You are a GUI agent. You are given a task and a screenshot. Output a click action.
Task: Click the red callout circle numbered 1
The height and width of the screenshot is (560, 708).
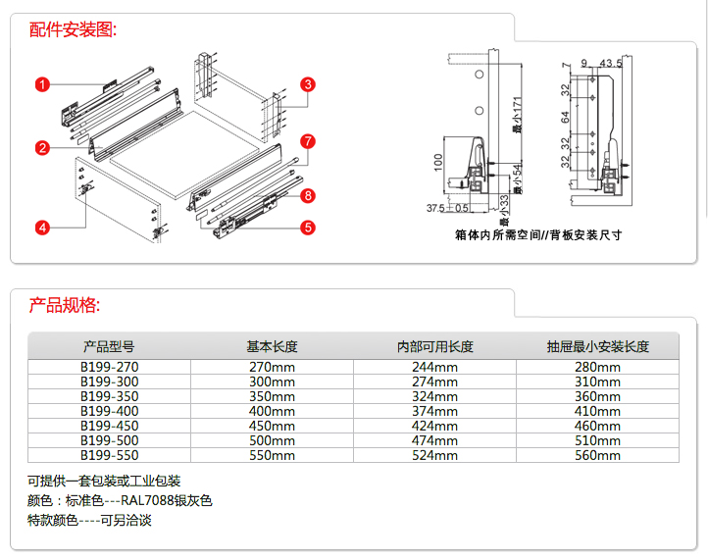(x=42, y=84)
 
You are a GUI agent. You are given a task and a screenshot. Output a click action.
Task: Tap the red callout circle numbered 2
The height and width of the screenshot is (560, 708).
(x=42, y=148)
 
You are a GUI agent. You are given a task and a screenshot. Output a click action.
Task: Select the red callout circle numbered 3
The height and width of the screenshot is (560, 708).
(x=307, y=84)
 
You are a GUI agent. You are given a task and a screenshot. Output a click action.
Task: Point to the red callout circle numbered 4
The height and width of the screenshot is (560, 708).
(x=42, y=228)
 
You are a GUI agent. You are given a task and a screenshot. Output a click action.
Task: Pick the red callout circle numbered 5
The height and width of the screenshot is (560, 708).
(x=307, y=228)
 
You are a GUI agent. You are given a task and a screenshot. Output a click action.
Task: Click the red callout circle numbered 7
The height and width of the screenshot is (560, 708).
(x=307, y=141)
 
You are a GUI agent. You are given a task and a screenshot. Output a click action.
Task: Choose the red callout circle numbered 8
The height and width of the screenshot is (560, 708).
(x=307, y=196)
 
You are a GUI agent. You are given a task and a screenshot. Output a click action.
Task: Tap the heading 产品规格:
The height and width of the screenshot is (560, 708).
(x=65, y=305)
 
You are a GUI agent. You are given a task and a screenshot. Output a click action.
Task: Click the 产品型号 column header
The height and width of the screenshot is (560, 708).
(x=109, y=346)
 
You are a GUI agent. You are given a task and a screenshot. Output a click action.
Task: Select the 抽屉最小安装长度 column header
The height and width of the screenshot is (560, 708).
(x=597, y=346)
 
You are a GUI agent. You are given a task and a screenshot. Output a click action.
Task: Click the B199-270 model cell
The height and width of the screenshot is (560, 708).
(x=109, y=367)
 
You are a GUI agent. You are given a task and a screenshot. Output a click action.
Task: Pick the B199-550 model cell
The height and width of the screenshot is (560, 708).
(x=109, y=455)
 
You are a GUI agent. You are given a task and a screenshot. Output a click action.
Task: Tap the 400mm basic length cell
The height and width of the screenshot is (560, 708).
(x=272, y=411)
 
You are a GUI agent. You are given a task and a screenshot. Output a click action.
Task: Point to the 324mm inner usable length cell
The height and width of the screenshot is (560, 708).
(x=434, y=396)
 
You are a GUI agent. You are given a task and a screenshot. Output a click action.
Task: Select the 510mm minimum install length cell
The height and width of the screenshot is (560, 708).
(x=597, y=440)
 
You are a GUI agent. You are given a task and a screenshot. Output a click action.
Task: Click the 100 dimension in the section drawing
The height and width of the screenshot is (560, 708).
(x=438, y=161)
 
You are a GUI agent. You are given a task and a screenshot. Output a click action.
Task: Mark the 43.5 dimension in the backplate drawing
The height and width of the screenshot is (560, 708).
(x=611, y=64)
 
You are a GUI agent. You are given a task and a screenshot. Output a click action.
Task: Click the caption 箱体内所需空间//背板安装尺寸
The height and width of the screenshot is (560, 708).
(x=538, y=235)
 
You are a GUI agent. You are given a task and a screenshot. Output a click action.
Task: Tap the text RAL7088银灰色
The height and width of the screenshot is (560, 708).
(x=166, y=500)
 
